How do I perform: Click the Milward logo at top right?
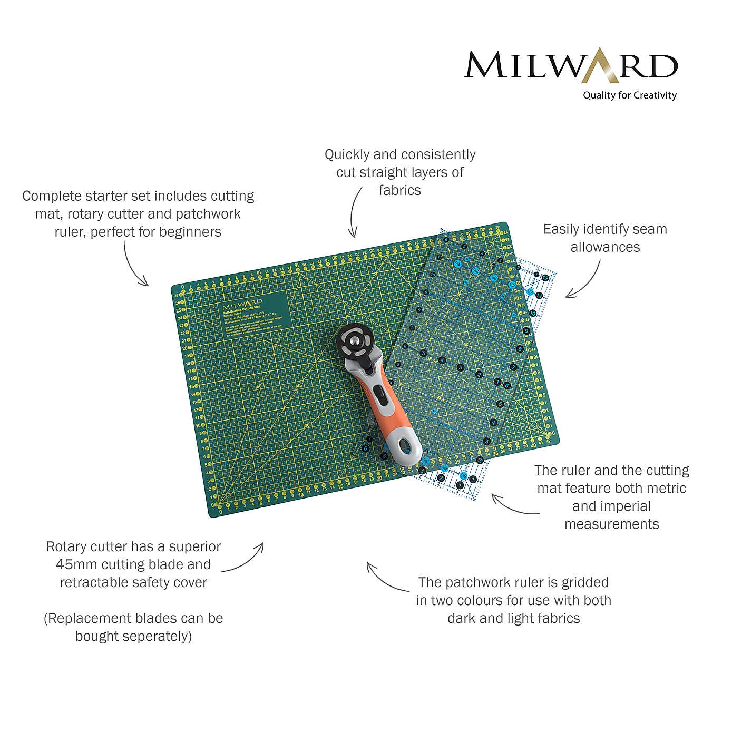[570, 66]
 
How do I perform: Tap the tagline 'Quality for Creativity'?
[629, 95]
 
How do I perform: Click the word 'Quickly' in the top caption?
[347, 155]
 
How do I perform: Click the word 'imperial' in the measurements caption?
[611, 506]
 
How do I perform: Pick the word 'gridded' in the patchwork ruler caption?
[585, 583]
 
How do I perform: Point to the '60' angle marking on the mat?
[259, 387]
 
